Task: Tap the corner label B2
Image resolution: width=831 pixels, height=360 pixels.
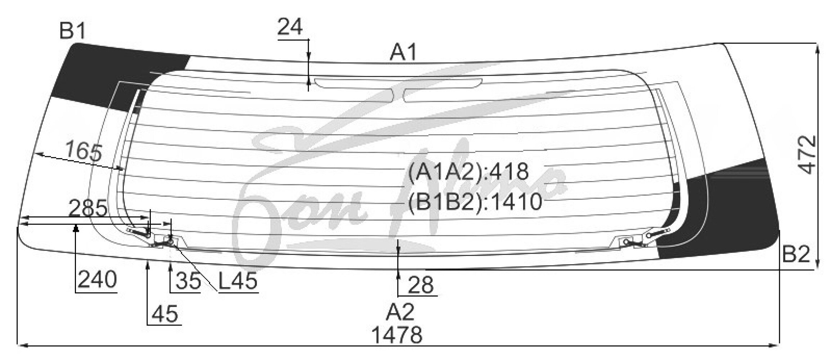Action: point(796,255)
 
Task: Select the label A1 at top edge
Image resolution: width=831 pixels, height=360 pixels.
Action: point(403,52)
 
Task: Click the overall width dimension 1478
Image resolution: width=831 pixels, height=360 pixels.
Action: point(397,335)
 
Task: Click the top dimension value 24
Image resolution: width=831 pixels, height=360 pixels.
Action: point(290,27)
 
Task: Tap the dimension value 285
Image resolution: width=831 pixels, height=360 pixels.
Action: point(88,208)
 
